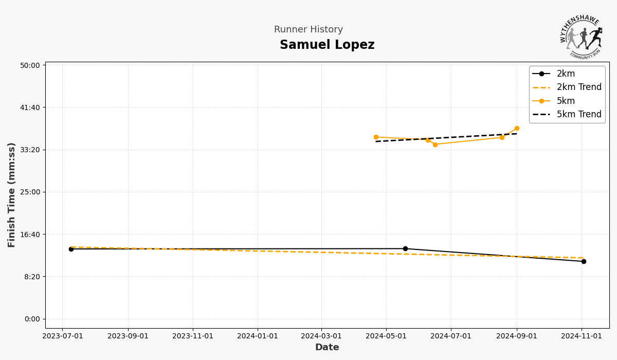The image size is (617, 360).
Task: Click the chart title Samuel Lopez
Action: point(327,45)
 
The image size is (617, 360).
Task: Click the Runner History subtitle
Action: point(308,30)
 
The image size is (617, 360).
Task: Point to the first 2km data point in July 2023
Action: point(71,249)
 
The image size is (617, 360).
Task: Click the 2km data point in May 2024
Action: point(405,249)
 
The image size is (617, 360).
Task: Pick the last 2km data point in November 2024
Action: point(584,261)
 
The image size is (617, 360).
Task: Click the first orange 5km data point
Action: point(376,137)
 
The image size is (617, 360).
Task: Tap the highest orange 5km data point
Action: point(517,129)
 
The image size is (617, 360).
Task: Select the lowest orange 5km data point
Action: point(435,145)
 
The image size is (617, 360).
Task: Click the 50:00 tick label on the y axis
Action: point(30,65)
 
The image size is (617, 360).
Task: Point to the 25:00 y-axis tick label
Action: point(30,192)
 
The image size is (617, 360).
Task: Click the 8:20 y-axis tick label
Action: point(31,277)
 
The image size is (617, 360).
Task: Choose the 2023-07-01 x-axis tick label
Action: point(62,336)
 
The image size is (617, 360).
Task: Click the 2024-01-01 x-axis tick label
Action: point(258,336)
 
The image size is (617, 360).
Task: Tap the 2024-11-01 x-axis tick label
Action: point(582,336)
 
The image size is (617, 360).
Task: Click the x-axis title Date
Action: point(327,348)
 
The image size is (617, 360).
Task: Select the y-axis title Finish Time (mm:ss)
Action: point(12,195)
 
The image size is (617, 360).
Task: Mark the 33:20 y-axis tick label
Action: point(30,150)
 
